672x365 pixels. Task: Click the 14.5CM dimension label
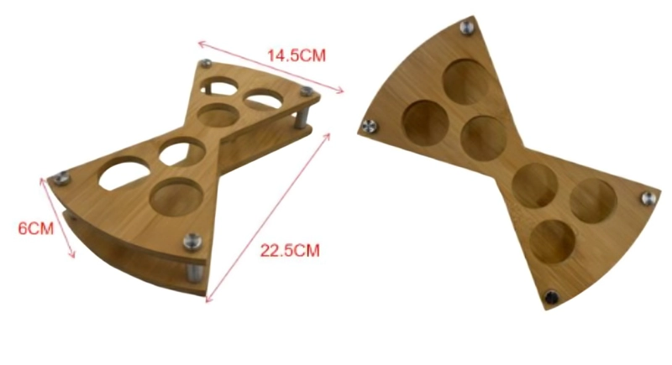[297, 55]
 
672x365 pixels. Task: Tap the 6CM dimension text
[35, 228]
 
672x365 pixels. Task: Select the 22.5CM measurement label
[290, 250]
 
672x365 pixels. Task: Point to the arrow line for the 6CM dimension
[57, 218]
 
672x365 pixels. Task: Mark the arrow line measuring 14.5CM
[270, 66]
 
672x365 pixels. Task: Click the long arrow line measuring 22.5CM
[268, 218]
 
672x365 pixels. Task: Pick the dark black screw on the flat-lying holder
[551, 296]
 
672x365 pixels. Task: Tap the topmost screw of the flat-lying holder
[467, 28]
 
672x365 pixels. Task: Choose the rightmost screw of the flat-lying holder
[648, 198]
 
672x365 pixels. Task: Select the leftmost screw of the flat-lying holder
[369, 126]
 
